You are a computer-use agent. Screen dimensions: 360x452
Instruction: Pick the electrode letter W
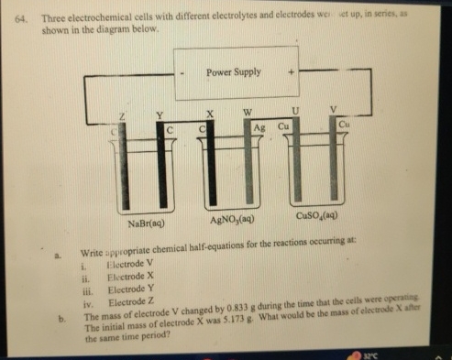tap(247, 113)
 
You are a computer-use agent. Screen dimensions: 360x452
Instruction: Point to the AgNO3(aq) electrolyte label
tap(233, 223)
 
